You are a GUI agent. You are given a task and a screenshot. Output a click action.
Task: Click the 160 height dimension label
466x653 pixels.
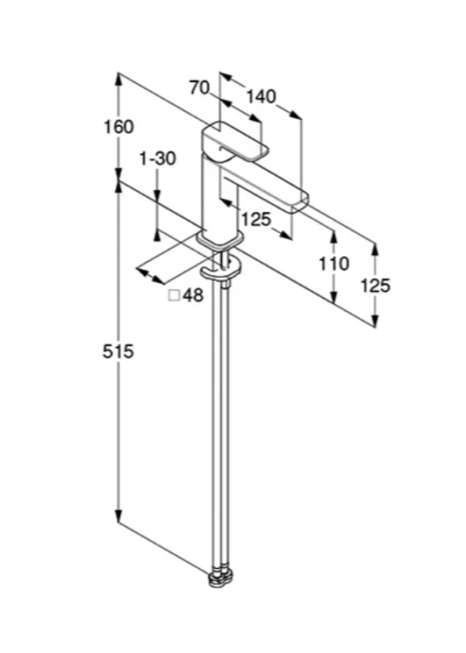(x=119, y=127)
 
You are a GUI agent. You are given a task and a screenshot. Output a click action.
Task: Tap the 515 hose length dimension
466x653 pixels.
(x=118, y=352)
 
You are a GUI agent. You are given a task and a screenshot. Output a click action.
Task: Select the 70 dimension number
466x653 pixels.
(x=199, y=88)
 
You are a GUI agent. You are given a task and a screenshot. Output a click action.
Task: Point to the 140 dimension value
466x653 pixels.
(x=261, y=97)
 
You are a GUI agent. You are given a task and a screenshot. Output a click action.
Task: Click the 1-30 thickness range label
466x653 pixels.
(x=158, y=159)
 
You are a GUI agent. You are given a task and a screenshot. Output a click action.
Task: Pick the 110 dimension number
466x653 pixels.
(x=334, y=264)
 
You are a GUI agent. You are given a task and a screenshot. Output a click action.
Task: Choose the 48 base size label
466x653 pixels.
(x=194, y=296)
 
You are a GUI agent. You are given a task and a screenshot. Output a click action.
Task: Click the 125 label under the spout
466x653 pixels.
(x=256, y=219)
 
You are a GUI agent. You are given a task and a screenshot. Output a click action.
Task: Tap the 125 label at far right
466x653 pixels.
(x=376, y=285)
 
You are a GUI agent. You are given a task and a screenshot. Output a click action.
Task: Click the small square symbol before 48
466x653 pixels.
(x=174, y=296)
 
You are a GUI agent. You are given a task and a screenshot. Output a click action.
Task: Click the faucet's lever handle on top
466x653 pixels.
(x=235, y=142)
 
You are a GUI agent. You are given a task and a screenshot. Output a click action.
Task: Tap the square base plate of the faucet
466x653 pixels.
(x=220, y=240)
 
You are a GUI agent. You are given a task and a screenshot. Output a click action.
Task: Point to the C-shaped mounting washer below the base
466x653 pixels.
(x=221, y=270)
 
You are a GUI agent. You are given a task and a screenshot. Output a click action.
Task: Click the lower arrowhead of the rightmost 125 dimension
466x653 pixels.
(x=376, y=321)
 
